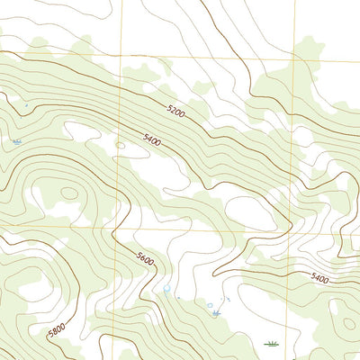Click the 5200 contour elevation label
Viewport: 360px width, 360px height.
(175, 112)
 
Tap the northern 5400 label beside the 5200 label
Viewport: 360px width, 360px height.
(153, 139)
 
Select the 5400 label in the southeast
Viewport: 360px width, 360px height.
(320, 279)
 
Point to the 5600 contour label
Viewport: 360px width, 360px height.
(145, 259)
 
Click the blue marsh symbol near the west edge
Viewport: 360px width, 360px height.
(17, 141)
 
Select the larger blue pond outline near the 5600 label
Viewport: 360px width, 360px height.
(166, 289)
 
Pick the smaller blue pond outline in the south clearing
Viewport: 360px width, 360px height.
(210, 306)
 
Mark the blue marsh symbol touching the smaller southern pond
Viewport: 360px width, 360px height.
(216, 312)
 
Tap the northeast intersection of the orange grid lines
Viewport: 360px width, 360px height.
(294, 60)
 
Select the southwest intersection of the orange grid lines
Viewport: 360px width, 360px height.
(114, 227)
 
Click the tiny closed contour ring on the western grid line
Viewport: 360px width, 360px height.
(120, 144)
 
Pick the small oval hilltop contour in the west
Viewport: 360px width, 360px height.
(68, 193)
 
